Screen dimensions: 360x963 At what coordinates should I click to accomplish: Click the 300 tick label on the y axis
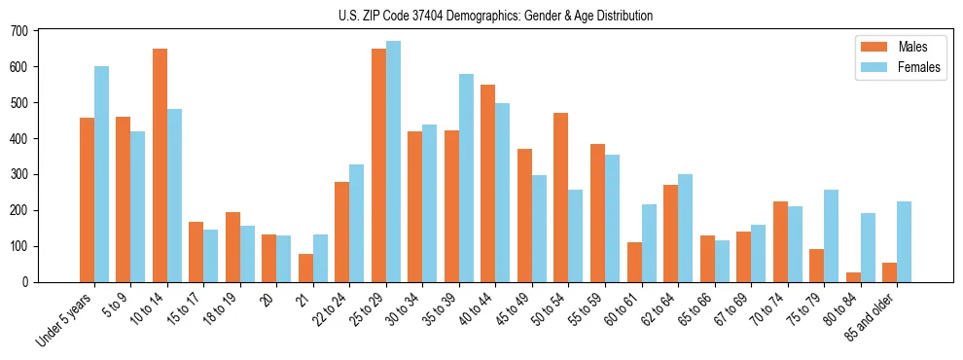(18, 174)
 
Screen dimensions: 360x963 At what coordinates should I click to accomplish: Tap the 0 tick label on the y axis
(25, 282)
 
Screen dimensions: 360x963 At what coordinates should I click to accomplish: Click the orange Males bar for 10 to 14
(160, 165)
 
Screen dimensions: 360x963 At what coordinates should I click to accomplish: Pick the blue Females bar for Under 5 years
(101, 174)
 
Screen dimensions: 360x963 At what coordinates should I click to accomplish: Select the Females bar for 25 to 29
(393, 162)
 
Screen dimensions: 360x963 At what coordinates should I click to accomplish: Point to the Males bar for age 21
(305, 268)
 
